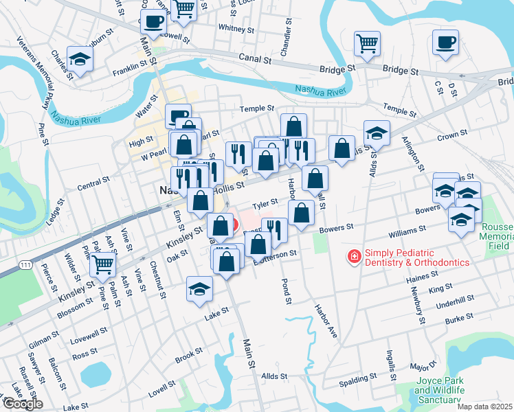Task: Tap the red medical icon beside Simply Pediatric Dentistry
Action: pos(355,257)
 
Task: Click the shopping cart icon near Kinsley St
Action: pos(103,263)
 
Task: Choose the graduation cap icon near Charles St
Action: pos(80,58)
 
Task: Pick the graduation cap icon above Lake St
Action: pos(199,288)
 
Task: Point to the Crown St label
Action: pos(452,136)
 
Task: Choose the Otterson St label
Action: pos(276,253)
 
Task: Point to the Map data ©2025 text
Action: pos(484,407)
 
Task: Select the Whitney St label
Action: pos(236,28)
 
